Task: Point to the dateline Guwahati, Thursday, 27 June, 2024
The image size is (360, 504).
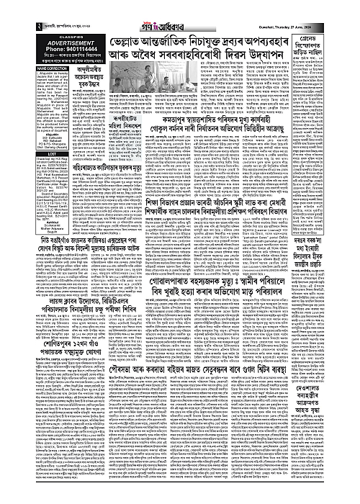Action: pyautogui.click(x=316, y=7)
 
